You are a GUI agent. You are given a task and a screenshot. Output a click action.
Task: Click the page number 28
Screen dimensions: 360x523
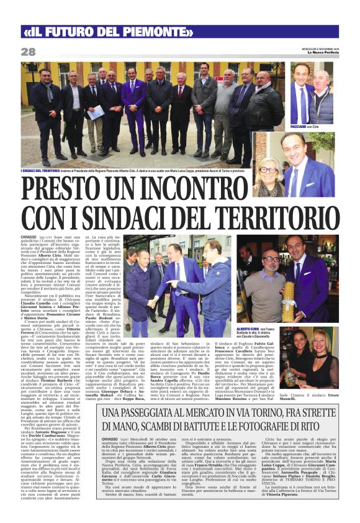pyautogui.click(x=29, y=52)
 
